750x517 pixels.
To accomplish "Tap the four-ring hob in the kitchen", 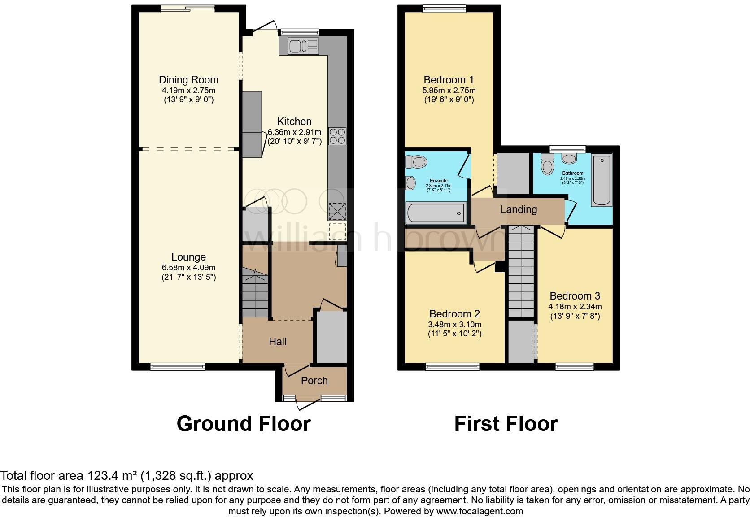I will [337, 136].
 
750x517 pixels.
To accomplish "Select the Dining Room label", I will [188, 80].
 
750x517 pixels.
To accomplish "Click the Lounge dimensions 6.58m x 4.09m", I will [188, 267].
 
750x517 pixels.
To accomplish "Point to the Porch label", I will [314, 381].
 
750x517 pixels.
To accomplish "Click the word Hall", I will [278, 342].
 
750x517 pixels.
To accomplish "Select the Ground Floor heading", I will [244, 424].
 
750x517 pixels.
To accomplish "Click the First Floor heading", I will [506, 424].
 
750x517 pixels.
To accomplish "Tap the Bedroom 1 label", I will [449, 80].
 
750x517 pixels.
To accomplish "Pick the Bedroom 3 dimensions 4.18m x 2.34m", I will [575, 307].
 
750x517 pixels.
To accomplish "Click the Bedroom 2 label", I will [454, 314].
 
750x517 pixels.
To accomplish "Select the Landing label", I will [519, 209].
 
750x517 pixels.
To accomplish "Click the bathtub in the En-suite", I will [436, 213].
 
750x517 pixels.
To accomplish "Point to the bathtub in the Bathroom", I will [601, 180].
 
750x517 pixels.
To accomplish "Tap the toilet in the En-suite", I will [418, 161].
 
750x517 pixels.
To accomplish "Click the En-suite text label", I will [438, 181].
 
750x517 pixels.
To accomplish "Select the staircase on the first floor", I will [522, 274].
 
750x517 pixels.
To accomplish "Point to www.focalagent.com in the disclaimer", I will [479, 511].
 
